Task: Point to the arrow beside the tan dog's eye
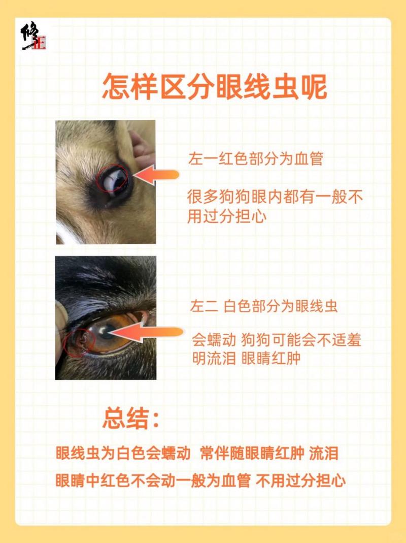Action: point(157,175)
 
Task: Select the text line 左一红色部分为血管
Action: point(255,159)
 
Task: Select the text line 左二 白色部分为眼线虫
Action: point(264,307)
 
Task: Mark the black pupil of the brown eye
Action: point(107,335)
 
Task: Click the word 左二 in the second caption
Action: point(204,307)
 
